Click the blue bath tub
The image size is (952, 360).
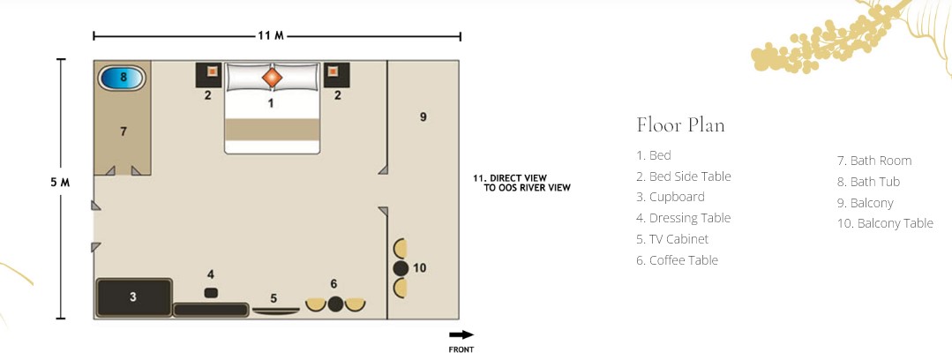tap(122, 78)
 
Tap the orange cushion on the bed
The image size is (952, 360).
tap(272, 77)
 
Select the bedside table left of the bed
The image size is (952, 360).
tap(208, 75)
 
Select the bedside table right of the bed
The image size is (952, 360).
tap(336, 75)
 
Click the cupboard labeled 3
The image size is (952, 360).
tap(134, 297)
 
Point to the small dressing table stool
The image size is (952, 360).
tap(211, 293)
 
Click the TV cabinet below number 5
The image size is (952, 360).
tap(275, 311)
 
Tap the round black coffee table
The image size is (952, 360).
tap(336, 304)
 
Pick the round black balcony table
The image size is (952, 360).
tap(400, 267)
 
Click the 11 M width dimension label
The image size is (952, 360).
tap(271, 36)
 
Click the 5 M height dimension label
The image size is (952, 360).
tap(60, 182)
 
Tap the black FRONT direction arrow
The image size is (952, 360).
tap(461, 334)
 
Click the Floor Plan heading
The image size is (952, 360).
tap(680, 125)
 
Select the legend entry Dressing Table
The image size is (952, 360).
tap(683, 218)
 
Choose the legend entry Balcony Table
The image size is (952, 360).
tap(885, 223)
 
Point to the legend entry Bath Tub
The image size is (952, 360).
tap(868, 182)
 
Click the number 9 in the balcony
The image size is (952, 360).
tap(424, 116)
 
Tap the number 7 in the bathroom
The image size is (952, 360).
tap(124, 131)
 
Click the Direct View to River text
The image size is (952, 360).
tap(521, 183)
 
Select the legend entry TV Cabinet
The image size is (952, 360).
tap(672, 239)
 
